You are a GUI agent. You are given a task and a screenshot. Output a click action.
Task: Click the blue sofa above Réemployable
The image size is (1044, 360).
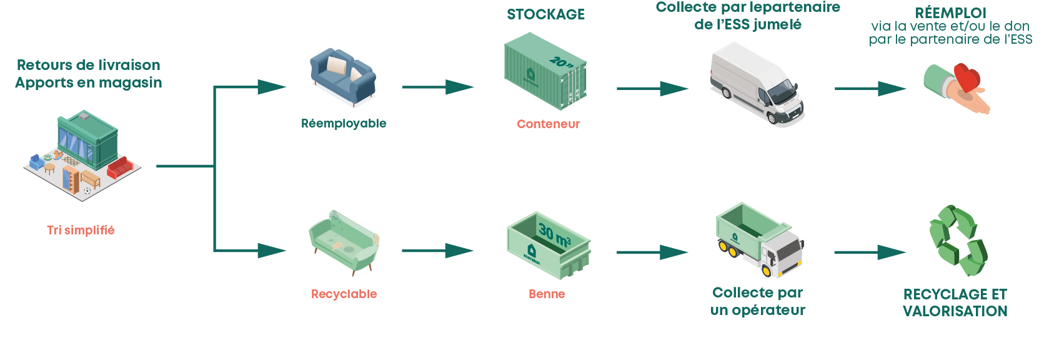[343, 77]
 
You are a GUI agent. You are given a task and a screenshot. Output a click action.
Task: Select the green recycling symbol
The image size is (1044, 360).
[958, 240]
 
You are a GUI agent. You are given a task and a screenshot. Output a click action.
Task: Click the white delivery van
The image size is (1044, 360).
[757, 84]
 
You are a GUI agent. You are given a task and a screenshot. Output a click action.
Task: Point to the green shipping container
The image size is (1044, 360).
[545, 71]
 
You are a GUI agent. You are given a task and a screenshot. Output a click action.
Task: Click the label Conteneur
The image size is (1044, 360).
[548, 124]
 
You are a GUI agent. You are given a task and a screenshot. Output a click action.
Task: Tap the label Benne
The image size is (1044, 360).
[547, 294]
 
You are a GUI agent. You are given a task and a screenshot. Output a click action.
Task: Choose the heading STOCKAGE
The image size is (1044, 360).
[546, 14]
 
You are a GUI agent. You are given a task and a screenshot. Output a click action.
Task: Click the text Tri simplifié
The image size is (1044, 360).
[81, 231]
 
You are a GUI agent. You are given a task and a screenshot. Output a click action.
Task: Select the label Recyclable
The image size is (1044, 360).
[344, 294]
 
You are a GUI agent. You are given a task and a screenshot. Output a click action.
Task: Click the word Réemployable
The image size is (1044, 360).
[344, 124]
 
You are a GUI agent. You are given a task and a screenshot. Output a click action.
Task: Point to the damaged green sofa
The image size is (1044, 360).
[344, 242]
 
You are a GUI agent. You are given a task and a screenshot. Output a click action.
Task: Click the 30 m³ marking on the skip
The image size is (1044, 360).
[555, 234]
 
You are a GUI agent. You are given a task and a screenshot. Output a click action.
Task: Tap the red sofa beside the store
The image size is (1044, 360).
[120, 167]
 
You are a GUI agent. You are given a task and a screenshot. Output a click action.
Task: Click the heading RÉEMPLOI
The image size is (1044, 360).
[951, 12]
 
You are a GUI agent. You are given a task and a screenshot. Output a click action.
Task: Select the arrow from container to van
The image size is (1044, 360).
[652, 89]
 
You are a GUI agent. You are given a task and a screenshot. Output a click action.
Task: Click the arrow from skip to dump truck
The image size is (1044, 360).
[652, 252]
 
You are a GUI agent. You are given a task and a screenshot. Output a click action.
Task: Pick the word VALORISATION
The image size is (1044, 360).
[955, 311]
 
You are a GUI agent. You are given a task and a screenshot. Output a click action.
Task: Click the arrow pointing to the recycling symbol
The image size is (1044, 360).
[870, 252]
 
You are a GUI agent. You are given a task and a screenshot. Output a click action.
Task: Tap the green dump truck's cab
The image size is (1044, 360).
[781, 252]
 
